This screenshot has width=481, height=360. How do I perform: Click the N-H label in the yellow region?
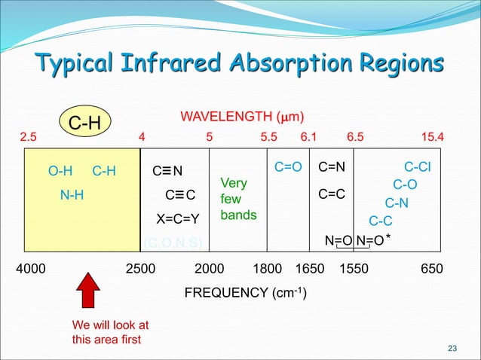point(72,196)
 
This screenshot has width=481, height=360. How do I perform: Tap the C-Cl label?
point(418,166)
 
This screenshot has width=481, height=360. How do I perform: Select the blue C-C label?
point(380,221)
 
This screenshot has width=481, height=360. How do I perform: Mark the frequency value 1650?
point(309,270)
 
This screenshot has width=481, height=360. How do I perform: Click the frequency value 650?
point(432,270)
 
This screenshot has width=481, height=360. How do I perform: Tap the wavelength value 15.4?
point(432,138)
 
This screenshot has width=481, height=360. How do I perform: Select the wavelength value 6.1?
point(309,138)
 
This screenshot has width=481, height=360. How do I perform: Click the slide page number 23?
point(452,347)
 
